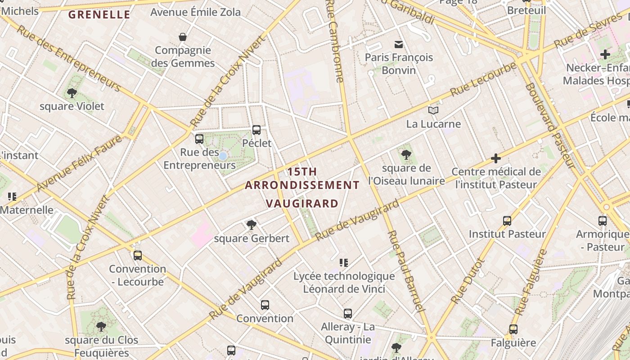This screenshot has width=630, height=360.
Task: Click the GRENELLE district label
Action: point(99,15)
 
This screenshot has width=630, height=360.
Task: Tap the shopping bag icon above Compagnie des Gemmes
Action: point(183,36)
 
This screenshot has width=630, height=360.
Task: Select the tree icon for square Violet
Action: point(72,93)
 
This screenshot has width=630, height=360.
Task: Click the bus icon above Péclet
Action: point(256,130)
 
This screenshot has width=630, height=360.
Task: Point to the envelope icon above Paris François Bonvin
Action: point(399,44)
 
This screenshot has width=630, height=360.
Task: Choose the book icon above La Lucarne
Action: point(433,110)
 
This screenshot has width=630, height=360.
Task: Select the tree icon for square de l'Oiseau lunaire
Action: point(406,155)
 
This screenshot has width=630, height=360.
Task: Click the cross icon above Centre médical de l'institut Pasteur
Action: point(496,158)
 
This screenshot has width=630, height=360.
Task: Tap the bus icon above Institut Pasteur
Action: point(507,221)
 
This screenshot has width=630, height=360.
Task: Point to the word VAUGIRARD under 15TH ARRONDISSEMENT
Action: point(302,203)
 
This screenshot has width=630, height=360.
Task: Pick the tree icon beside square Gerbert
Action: point(252,225)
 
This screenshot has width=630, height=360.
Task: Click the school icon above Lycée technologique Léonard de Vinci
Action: point(344,262)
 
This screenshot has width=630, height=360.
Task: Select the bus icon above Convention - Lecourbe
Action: point(138,256)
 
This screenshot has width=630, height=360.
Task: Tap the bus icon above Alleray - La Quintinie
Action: point(348,314)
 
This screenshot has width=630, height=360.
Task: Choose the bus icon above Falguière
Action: point(513,329)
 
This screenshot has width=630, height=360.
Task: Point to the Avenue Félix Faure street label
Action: point(79,163)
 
